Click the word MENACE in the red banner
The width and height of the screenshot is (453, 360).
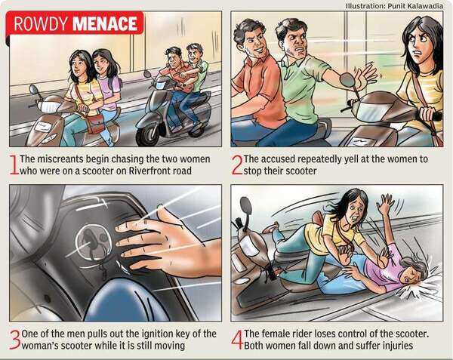(105, 23)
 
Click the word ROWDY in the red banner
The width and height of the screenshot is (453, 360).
(41, 23)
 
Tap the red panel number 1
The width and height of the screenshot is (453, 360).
(14, 165)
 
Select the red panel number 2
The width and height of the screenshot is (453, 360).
(237, 165)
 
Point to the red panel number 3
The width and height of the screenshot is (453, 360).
(15, 340)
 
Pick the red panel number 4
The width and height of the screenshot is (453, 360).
(237, 340)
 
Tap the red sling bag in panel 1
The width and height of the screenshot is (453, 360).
(95, 123)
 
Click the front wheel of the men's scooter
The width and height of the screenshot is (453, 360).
(149, 136)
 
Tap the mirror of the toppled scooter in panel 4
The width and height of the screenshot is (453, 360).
(245, 205)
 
